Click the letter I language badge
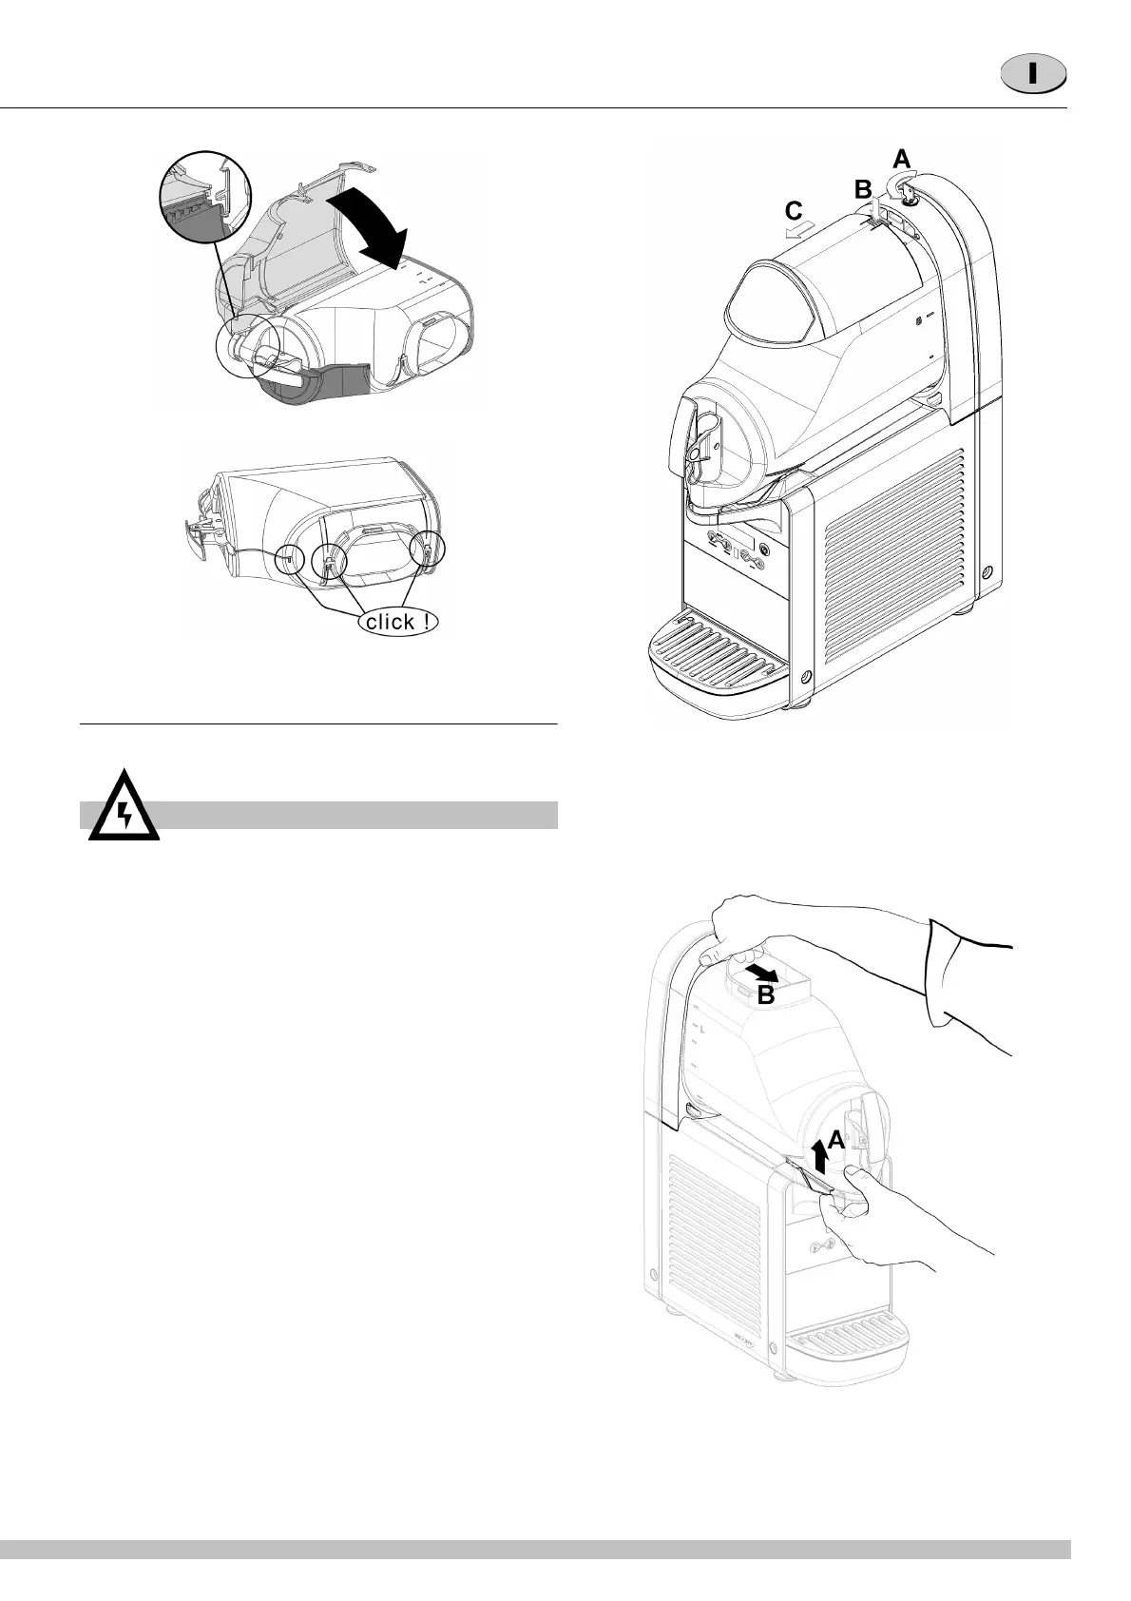pyautogui.click(x=1032, y=75)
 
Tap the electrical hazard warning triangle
pyautogui.click(x=124, y=811)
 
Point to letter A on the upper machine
pyautogui.click(x=902, y=158)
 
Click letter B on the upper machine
pyautogui.click(x=862, y=190)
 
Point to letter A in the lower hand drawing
pyautogui.click(x=835, y=1139)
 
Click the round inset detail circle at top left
pyautogui.click(x=205, y=201)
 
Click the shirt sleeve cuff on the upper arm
pyautogui.click(x=960, y=979)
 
